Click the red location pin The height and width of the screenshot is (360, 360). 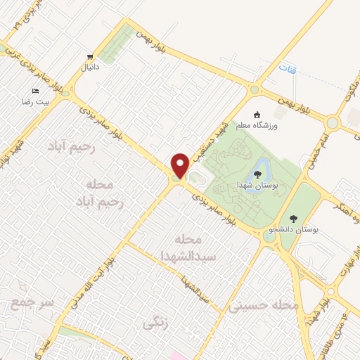tap(180, 165)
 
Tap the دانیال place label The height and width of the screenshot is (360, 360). tap(88, 68)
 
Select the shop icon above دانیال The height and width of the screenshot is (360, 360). tap(89, 57)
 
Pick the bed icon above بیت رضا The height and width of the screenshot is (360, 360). tap(35, 91)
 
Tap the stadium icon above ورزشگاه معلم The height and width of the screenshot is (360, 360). tap(257, 114)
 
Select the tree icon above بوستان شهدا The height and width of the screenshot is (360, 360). tap(261, 169)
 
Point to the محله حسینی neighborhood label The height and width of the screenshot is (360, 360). tap(264, 306)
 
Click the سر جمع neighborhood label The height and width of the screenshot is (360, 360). tap(32, 303)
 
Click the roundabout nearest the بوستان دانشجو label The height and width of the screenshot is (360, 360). tap(270, 236)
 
